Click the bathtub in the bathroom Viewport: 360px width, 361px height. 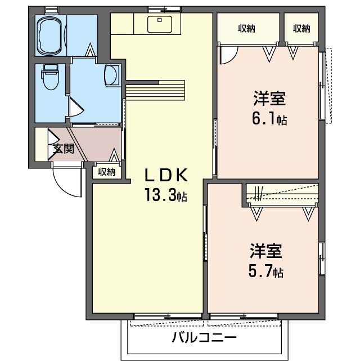51,35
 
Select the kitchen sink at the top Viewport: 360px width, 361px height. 160,24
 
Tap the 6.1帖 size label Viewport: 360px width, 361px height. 268,119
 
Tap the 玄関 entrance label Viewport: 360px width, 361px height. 64,149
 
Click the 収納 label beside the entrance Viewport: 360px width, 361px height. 107,172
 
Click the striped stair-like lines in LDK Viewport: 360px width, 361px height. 155,90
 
